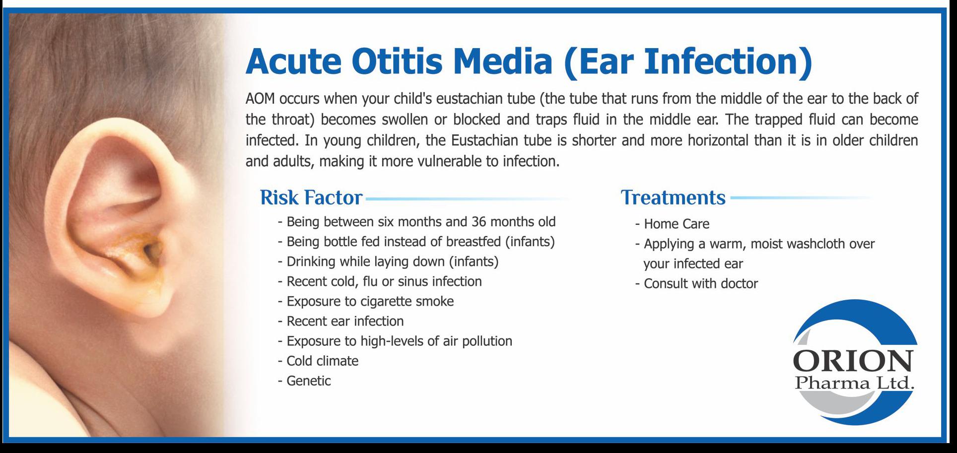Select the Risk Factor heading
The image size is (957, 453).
(311, 197)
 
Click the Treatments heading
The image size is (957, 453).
(673, 197)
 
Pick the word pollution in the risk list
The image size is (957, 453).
(487, 341)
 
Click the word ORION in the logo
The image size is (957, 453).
(853, 362)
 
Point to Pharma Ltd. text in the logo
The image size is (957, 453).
(854, 383)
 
